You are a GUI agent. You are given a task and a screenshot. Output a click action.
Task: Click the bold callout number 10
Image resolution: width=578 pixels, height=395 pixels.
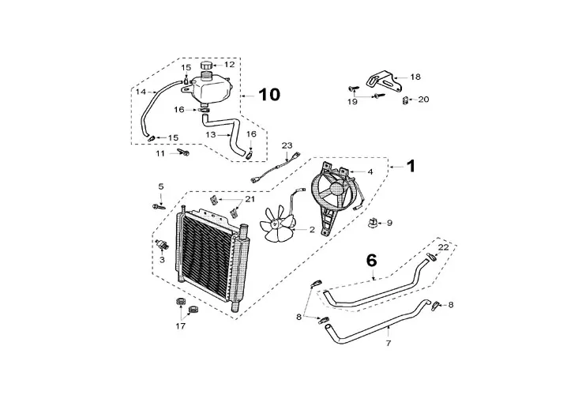[268, 95]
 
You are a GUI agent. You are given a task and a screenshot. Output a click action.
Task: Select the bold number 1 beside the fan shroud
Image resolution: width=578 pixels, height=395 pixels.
[410, 166]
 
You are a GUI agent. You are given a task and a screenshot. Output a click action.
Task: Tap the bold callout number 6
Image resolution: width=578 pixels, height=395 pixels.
[370, 259]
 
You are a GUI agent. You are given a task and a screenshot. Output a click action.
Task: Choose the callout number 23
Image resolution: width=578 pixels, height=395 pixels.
[287, 145]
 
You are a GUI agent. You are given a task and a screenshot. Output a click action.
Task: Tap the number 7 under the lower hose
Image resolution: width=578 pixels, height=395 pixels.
[388, 344]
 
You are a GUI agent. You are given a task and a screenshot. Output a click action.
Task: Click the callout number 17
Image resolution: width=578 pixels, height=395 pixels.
[180, 325]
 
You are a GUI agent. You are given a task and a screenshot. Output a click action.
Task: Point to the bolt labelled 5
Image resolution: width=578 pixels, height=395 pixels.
[155, 206]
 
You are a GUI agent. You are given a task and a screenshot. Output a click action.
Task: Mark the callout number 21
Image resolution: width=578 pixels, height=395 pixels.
[250, 199]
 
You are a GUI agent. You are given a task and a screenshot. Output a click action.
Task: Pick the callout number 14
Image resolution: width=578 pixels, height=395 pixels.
[140, 92]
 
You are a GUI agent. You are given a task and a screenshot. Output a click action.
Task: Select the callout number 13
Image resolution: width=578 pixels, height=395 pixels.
[211, 134]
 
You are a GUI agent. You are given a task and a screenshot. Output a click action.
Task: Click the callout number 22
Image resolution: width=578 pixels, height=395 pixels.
[444, 247]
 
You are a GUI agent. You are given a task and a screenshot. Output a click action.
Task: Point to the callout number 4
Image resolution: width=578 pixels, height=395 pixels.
[370, 171]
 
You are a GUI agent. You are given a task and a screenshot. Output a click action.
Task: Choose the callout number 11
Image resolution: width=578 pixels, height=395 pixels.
[160, 152]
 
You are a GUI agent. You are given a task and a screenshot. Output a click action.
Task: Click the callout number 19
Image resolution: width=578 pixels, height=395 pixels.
[352, 101]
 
